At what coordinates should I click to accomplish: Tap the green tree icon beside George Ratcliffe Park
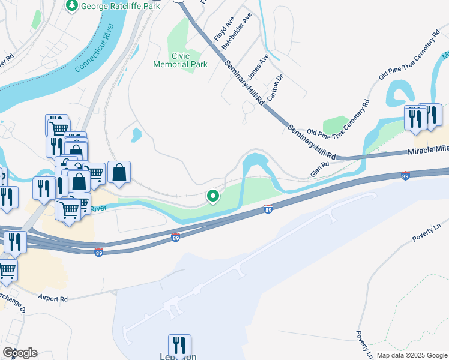(x=72, y=5)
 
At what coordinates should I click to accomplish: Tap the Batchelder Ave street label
(x=236, y=33)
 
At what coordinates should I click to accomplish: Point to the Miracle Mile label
(x=429, y=151)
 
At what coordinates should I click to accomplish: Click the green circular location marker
(x=212, y=196)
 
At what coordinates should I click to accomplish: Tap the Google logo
(x=20, y=353)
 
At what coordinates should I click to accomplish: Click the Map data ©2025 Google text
(x=412, y=355)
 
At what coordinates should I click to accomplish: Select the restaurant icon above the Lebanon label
(x=179, y=345)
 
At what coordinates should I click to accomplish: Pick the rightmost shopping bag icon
(x=119, y=172)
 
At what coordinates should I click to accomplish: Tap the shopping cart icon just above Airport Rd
(x=6, y=269)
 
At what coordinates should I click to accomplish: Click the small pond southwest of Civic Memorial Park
(x=136, y=135)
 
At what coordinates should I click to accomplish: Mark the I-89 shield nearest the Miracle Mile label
(x=405, y=176)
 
